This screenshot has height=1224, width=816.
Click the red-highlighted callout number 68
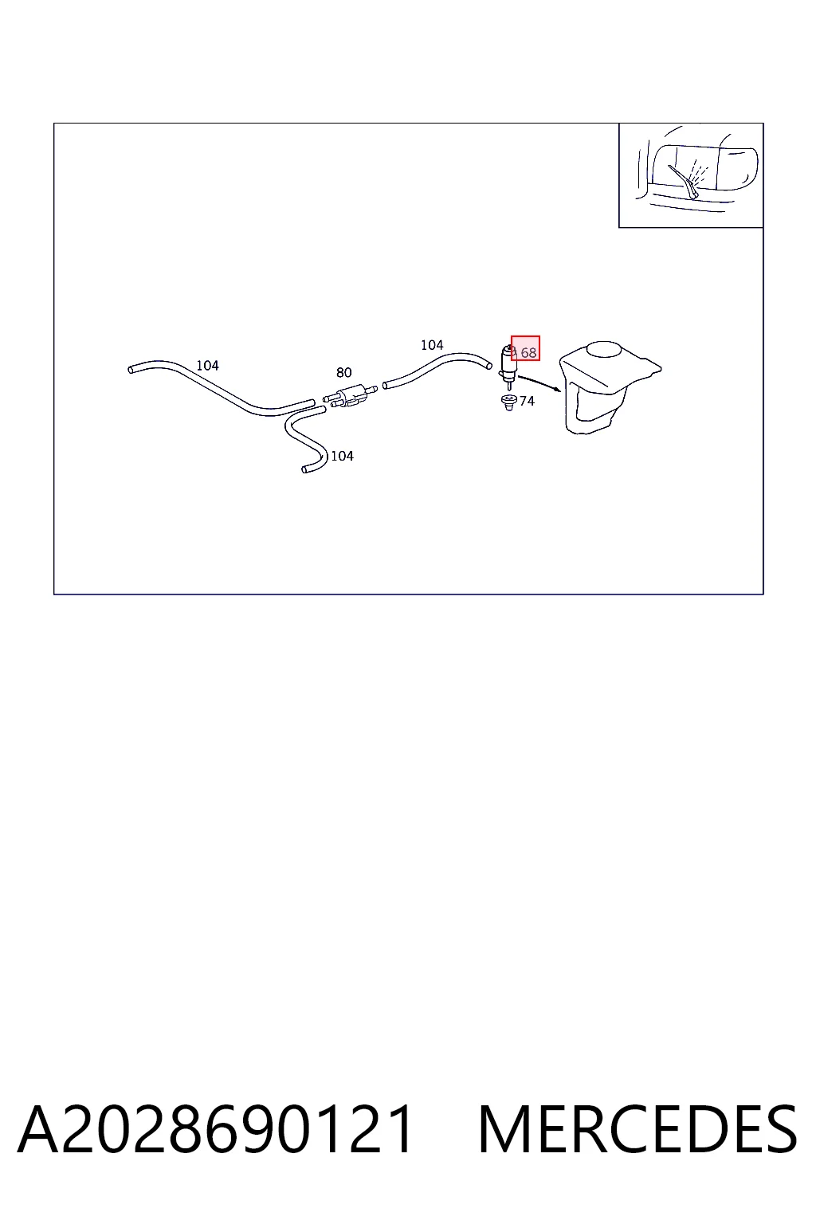tap(528, 353)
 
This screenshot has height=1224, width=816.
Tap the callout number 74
tap(527, 401)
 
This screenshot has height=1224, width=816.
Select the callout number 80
tap(343, 373)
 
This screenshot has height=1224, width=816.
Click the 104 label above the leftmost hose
tap(208, 366)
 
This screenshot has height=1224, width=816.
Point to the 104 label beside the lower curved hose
tap(342, 456)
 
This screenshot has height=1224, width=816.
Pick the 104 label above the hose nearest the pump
tap(432, 345)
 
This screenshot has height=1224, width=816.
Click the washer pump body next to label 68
tap(508, 363)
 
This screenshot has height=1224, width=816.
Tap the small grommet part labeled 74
tap(509, 402)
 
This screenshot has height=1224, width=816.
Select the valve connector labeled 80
tap(350, 395)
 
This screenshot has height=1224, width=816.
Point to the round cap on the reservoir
tap(604, 349)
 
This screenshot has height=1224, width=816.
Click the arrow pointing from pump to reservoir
tap(539, 383)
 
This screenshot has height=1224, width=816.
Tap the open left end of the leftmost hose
tap(131, 371)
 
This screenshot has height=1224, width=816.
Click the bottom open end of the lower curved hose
tap(304, 469)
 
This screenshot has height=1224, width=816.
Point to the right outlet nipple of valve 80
tap(371, 389)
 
